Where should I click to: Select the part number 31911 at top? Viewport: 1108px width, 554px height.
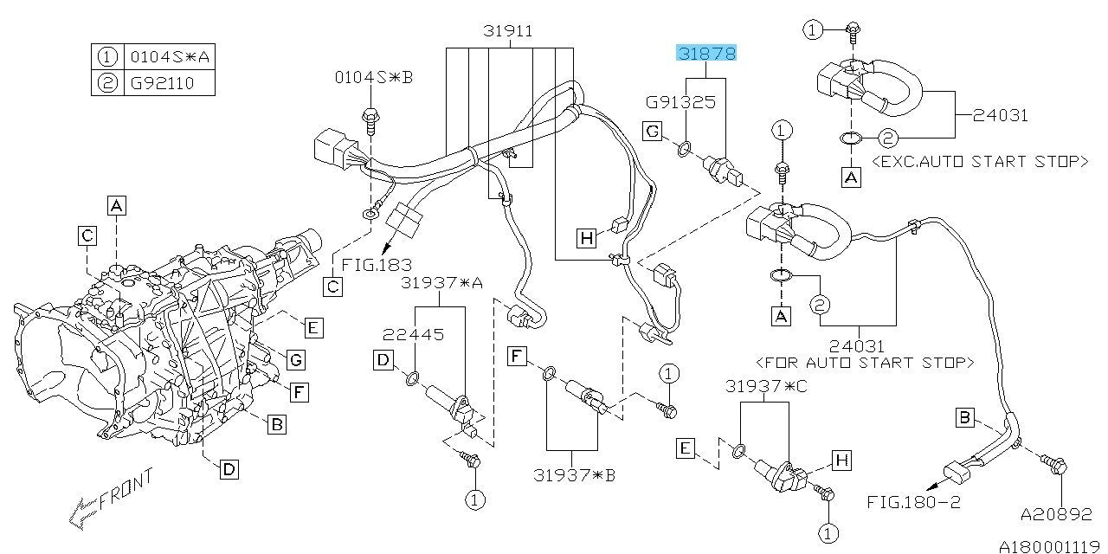pos(507,32)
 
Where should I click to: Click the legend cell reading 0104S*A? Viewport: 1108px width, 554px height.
pos(168,58)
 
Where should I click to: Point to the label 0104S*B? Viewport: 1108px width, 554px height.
pos(374,78)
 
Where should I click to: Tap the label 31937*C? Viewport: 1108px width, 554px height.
pos(766,386)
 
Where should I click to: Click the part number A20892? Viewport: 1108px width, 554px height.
pos(1055,513)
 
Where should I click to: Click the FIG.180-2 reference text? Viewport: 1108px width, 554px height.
pos(914,502)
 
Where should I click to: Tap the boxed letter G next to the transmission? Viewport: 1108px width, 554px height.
pos(295,358)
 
